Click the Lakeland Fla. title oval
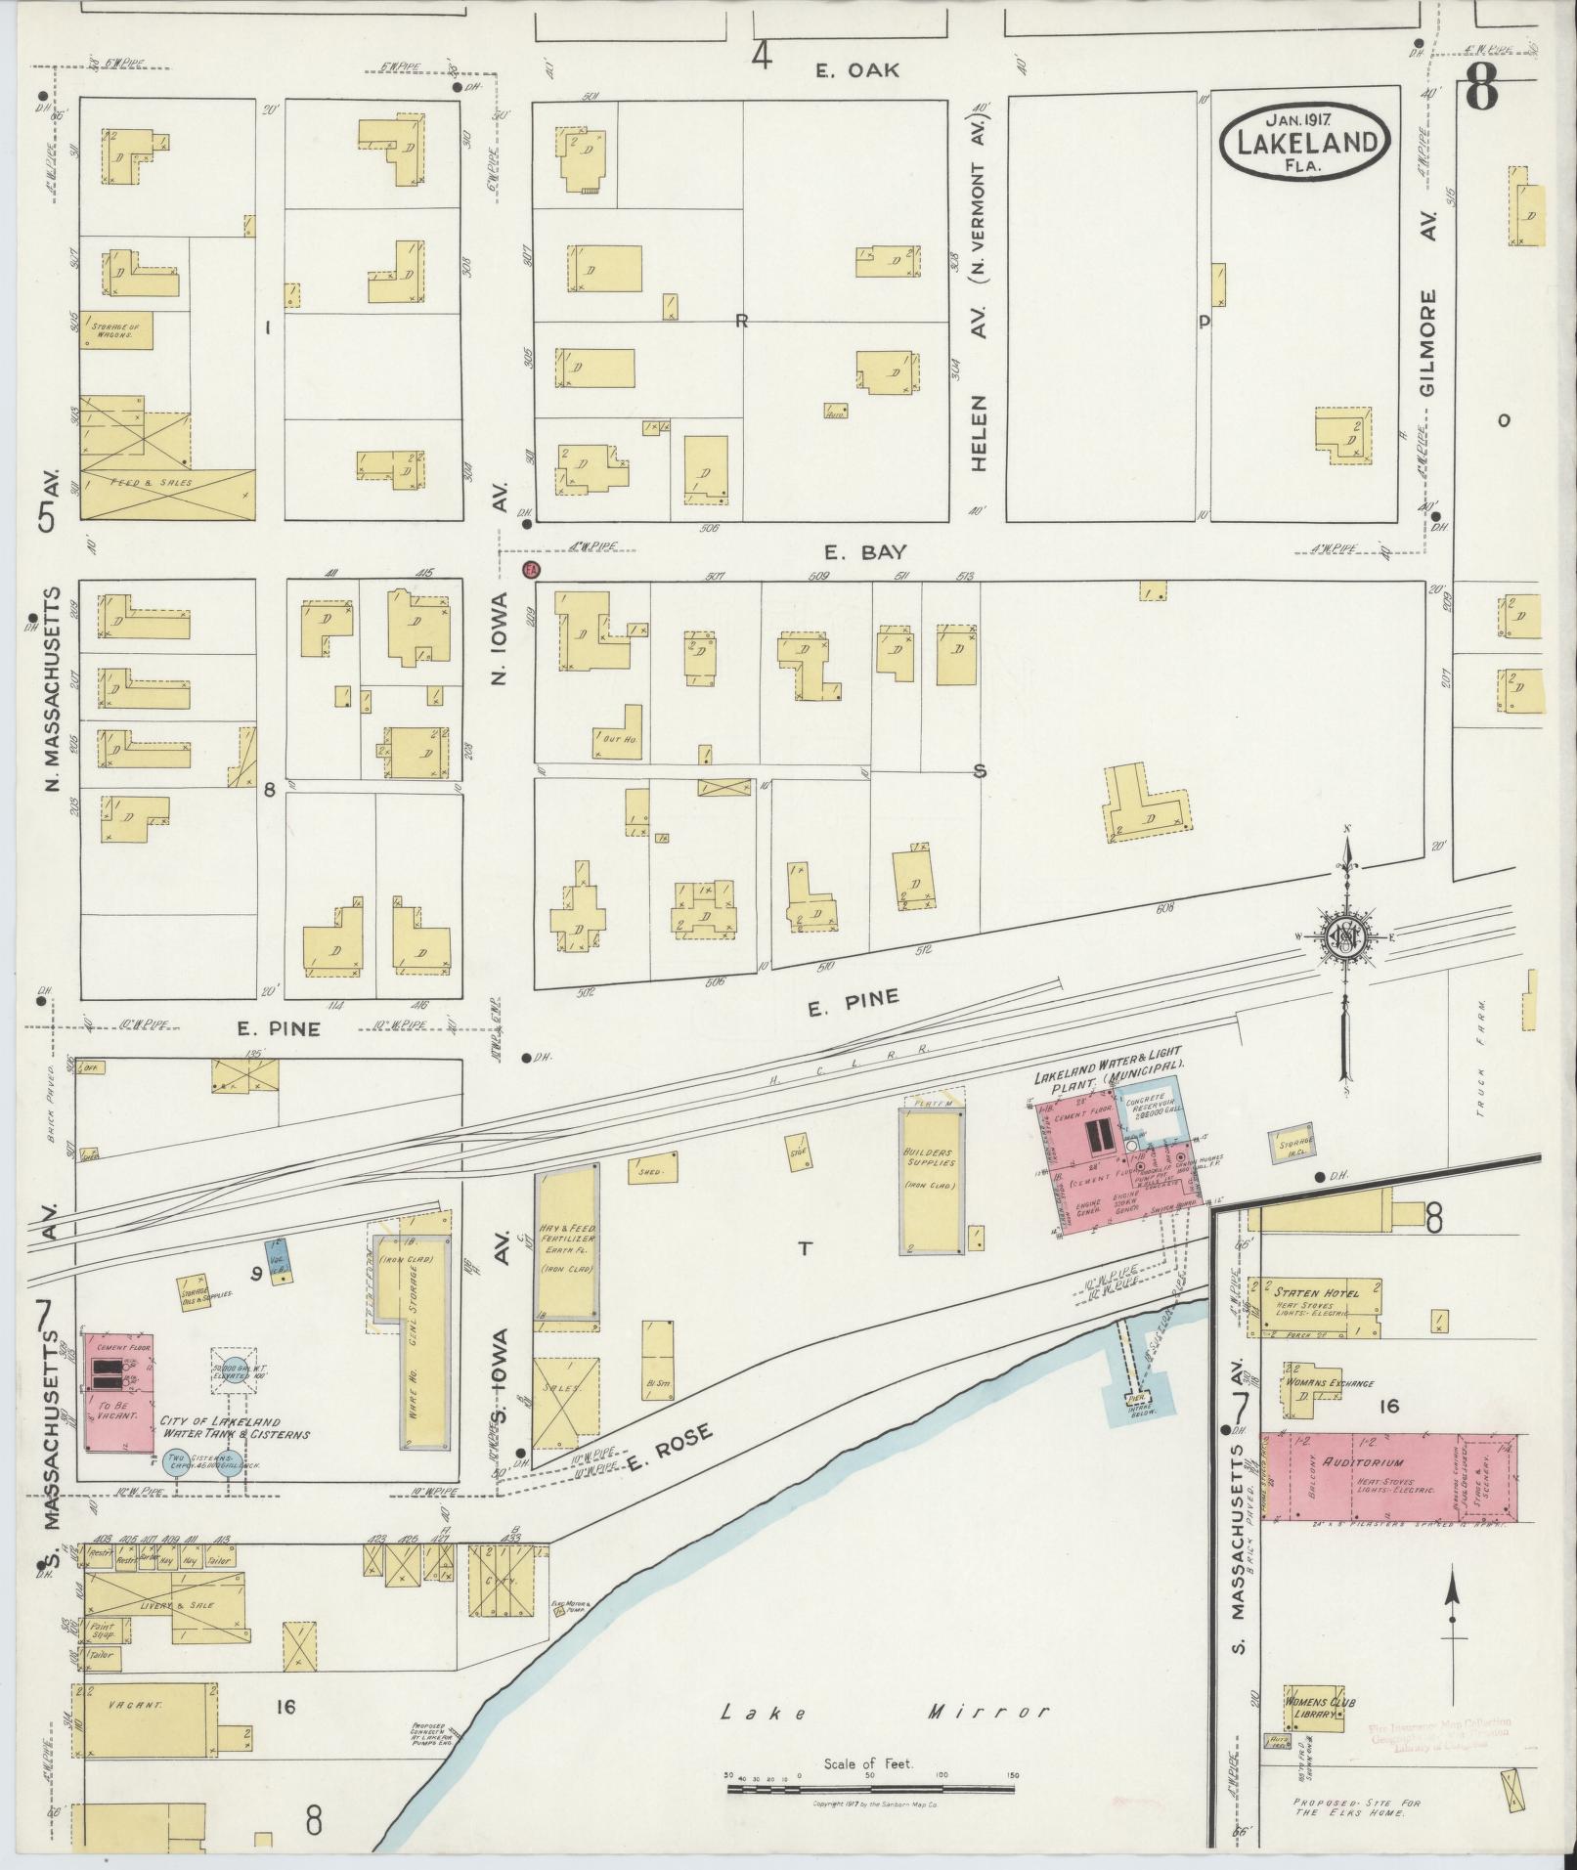(x=1305, y=142)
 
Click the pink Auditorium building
(x=1388, y=1491)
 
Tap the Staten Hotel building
(x=1315, y=1306)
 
